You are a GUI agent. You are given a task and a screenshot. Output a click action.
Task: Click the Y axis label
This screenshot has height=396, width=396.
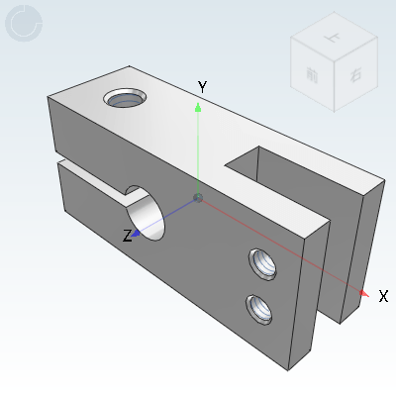coord(202,87)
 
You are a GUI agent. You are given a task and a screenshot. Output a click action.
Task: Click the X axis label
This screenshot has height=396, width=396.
coord(383,296)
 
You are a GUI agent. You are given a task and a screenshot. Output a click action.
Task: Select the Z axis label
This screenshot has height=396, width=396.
coord(127,236)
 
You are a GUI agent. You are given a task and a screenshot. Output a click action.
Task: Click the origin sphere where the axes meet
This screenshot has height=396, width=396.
coord(198,199)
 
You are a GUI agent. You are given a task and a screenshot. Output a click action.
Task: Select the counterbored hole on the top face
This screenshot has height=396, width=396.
coord(126,99)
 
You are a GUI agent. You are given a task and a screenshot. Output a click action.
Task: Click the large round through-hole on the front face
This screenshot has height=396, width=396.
coord(145,215)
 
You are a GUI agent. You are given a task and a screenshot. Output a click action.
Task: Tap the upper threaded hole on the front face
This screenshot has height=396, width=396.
coord(263,264)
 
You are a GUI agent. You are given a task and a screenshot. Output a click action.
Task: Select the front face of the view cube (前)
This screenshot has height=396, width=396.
coord(312,73)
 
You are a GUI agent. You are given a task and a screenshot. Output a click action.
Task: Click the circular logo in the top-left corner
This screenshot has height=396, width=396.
coord(24,25)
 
